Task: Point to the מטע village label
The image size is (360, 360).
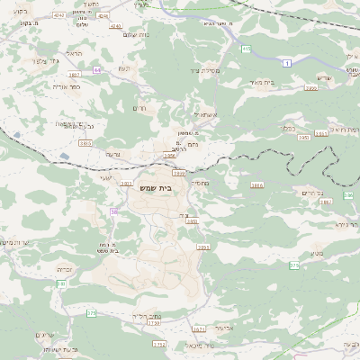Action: click(317, 254)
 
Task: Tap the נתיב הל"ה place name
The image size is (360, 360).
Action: click(144, 315)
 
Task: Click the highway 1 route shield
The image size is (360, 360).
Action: click(286, 61)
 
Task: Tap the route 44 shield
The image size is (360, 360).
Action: click(96, 69)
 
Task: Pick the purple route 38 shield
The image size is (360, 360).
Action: click(114, 211)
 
